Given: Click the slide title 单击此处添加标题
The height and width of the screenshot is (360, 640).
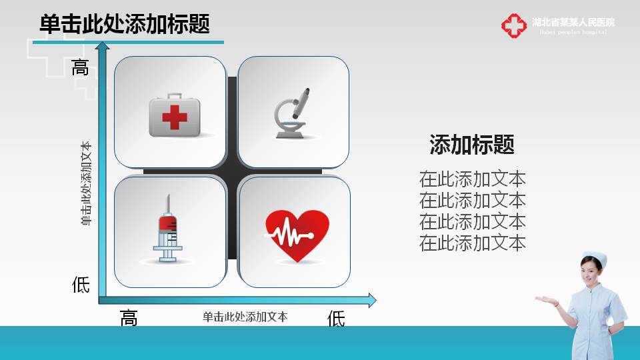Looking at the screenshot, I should coord(125,25).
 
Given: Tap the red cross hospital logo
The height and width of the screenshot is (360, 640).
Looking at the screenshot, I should coord(514,26).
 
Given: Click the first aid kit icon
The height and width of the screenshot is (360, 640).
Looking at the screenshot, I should coord(175,116).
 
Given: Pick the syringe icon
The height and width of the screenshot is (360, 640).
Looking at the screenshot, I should coord(169,228).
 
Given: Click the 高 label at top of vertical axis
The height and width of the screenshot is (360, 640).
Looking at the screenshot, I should coord(81,67).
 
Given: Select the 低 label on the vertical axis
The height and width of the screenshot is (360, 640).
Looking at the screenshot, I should coord(81,285).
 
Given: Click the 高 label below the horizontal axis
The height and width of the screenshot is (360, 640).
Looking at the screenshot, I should coord(129,319).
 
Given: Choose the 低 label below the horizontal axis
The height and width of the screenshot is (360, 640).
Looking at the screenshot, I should coord(336,319).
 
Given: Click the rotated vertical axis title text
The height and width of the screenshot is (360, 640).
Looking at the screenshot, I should coord(86,183).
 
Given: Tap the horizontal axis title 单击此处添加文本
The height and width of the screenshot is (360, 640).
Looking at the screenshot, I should coord(245,317).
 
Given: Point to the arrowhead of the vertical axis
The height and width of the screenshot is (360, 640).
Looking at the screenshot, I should coord(102,47).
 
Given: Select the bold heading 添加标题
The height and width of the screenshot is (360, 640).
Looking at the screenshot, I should coord(472,145).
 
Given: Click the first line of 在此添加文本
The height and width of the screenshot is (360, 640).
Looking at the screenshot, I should coord(472,179).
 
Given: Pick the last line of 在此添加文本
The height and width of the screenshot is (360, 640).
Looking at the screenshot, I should coord(472,243).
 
